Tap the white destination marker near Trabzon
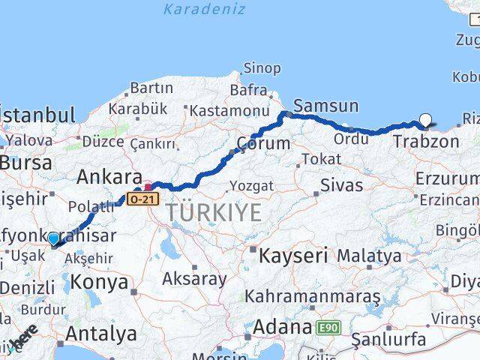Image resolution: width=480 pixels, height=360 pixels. (426, 118)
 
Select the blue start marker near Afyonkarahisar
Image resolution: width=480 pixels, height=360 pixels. (53, 239)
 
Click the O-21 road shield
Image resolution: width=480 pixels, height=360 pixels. (142, 199)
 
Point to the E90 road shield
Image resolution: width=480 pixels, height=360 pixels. (328, 328)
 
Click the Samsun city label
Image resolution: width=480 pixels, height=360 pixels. (326, 106)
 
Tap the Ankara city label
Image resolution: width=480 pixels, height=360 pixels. (109, 178)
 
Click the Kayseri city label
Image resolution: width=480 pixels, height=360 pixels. (293, 256)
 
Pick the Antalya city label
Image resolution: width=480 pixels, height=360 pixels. (101, 333)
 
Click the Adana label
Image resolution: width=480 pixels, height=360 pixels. (282, 328)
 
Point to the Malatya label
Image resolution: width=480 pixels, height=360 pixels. (369, 256)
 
